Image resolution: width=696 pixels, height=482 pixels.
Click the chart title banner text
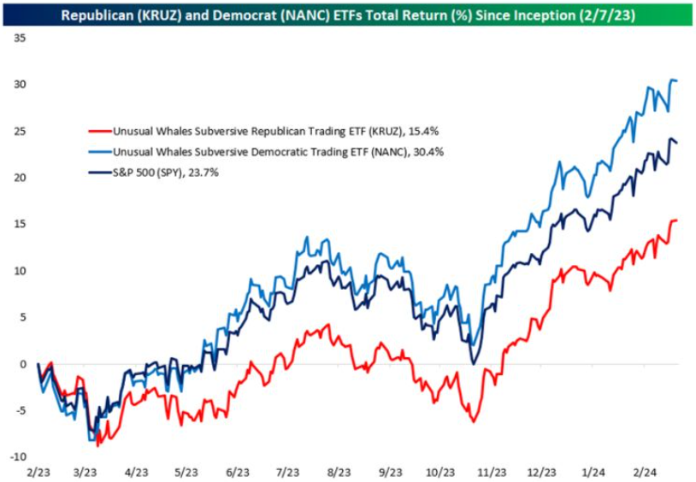(x=348, y=15)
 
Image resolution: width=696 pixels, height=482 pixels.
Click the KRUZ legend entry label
(x=275, y=132)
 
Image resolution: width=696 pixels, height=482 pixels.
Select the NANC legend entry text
(x=278, y=152)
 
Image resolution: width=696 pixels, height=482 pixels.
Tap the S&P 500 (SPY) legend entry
(x=166, y=173)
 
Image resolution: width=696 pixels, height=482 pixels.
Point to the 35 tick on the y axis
(x=20, y=38)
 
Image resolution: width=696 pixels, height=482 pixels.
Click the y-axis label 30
(x=20, y=85)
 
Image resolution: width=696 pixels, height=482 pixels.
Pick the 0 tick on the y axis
(x=23, y=364)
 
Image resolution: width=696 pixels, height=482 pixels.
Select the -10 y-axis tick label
(x=19, y=456)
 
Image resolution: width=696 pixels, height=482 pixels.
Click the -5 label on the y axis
(x=21, y=410)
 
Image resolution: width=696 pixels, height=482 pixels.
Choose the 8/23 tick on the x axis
(x=339, y=472)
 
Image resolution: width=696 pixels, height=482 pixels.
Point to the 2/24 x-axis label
(x=645, y=472)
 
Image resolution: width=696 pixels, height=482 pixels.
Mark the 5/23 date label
(x=187, y=472)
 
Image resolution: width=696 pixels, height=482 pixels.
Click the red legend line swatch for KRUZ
(x=100, y=132)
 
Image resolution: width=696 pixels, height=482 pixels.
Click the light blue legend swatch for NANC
(x=100, y=152)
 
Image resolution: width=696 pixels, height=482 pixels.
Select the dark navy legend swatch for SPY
(x=100, y=173)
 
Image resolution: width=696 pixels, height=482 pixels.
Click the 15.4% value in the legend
(x=423, y=132)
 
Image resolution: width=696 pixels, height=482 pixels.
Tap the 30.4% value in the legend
(x=428, y=152)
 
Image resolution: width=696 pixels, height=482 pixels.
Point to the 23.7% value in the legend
(x=203, y=173)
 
